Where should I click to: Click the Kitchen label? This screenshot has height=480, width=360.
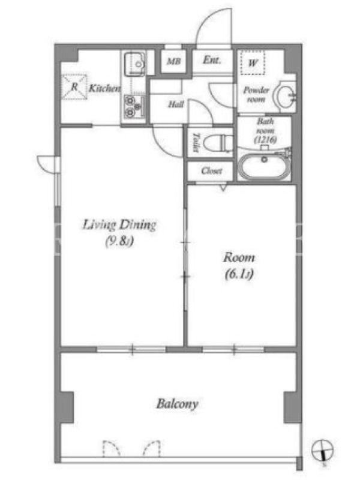[x=104, y=88]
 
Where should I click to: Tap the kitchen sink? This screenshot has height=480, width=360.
[x=134, y=64]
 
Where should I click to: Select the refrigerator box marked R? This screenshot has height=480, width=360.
[x=74, y=87]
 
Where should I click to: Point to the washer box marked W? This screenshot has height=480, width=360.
[x=253, y=63]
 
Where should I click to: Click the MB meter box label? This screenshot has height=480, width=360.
[x=174, y=61]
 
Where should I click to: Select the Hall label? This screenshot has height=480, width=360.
[x=176, y=104]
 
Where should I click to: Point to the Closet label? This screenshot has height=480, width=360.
[x=212, y=171]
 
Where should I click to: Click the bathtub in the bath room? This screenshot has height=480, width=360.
[x=264, y=166]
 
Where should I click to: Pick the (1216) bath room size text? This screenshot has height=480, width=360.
[x=265, y=140]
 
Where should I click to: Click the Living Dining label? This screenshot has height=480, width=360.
[x=119, y=225]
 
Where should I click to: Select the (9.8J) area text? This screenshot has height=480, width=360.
[x=119, y=241]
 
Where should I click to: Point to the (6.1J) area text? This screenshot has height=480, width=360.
[x=239, y=274]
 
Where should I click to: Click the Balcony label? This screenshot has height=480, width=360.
[x=177, y=404]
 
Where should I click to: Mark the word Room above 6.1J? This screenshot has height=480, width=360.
[x=239, y=258]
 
